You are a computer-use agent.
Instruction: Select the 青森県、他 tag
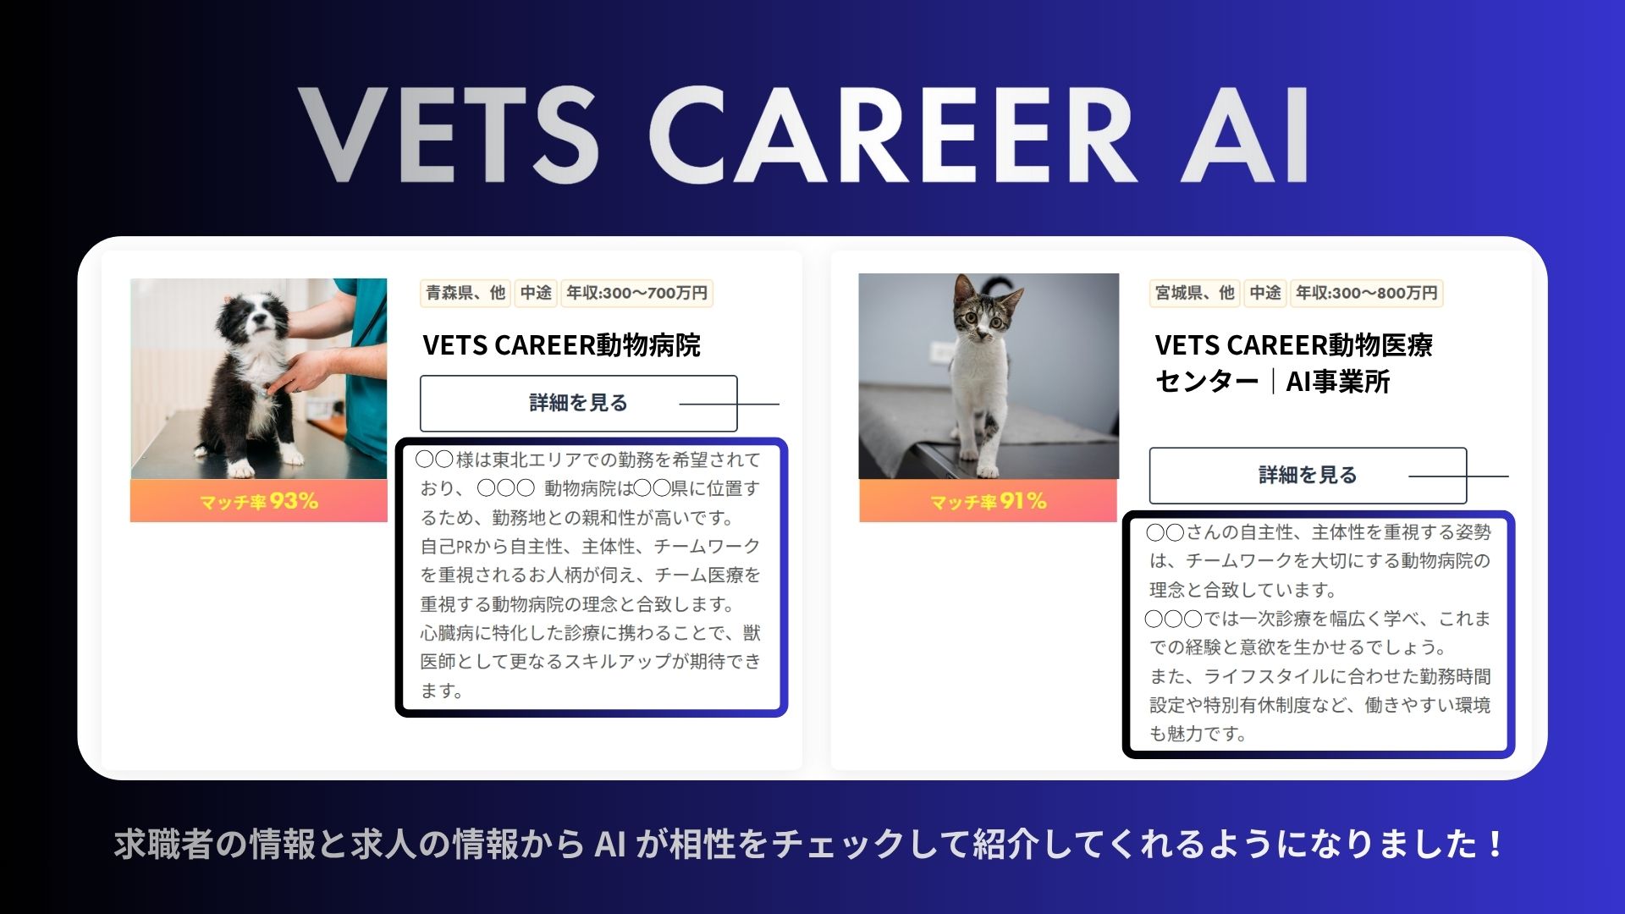point(465,293)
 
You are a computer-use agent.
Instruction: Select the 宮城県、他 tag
point(1195,293)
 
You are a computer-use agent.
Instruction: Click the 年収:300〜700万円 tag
point(636,293)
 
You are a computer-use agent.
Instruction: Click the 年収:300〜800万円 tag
point(1366,293)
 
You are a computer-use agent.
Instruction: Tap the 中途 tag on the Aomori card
point(536,293)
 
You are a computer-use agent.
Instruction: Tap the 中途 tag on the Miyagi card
point(1265,293)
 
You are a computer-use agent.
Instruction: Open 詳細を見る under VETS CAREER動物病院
point(579,404)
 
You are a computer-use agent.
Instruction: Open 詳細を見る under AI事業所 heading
point(1308,476)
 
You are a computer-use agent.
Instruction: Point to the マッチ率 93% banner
point(259,501)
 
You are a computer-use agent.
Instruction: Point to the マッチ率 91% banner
point(989,501)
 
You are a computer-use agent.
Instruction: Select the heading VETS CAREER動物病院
point(562,345)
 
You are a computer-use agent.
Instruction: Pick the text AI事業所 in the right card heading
point(1338,382)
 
